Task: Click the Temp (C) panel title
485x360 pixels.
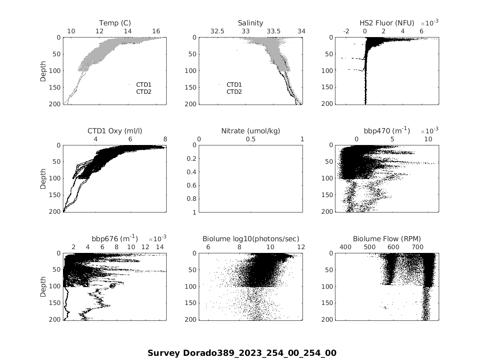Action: coord(115,23)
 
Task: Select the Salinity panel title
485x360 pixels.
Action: coord(250,23)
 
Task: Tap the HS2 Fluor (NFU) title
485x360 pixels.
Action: coord(387,23)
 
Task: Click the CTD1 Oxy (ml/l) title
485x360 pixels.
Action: coord(115,131)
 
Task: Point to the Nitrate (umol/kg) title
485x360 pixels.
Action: coord(250,131)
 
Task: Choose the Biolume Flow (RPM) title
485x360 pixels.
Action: coord(387,239)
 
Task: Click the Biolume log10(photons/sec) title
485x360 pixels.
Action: coord(250,239)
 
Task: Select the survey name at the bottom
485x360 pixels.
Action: coord(242,353)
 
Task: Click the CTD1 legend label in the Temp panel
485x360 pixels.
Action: coord(144,85)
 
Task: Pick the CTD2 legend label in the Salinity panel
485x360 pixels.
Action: coord(234,92)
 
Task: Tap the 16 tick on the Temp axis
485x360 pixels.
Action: coord(156,31)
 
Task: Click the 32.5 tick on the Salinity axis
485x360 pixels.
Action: coord(217,31)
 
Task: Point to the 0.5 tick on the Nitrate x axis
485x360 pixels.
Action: coord(250,139)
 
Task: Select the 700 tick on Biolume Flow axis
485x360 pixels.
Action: coord(417,247)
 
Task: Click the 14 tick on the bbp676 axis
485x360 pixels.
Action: coord(160,247)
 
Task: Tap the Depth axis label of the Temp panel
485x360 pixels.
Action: coord(44,71)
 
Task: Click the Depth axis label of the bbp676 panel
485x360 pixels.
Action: coord(44,287)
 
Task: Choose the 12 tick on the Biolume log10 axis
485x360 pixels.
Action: coord(301,247)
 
